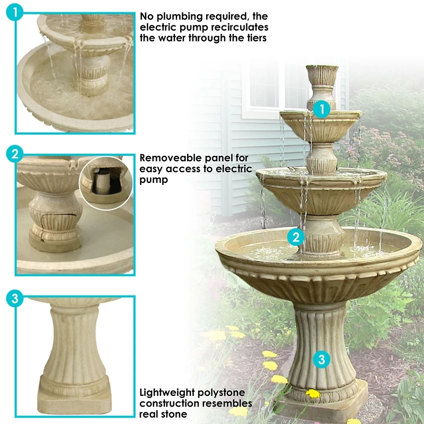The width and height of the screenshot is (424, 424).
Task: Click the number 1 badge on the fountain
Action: pos(322,110)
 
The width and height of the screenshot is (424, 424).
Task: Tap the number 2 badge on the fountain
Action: pos(296,236)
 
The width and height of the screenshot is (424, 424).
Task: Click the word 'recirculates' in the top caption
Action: pos(238,27)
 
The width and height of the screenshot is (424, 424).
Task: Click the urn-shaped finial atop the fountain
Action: pos(322,79)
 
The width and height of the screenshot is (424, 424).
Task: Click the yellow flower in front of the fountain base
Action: pos(313,394)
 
